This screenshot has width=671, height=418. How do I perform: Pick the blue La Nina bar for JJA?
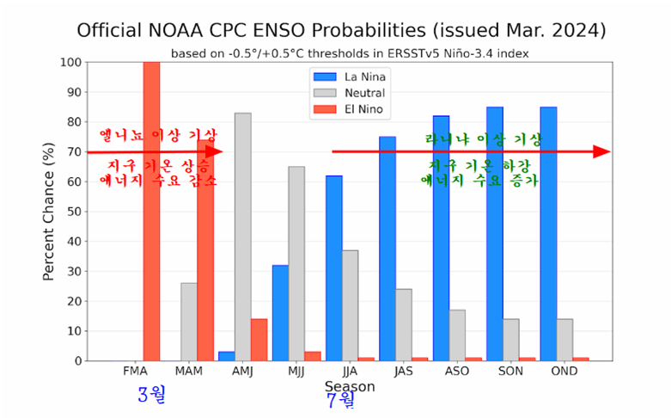point(334,267)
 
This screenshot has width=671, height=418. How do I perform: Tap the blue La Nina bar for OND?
point(548,233)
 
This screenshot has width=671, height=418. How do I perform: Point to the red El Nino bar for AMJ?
point(259,340)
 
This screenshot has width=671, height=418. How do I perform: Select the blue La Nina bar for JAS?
point(387,249)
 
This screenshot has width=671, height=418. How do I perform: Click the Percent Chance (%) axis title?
point(49,211)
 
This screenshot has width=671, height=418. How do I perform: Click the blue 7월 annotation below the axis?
point(341,401)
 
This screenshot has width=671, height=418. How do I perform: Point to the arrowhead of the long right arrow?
point(603,152)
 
